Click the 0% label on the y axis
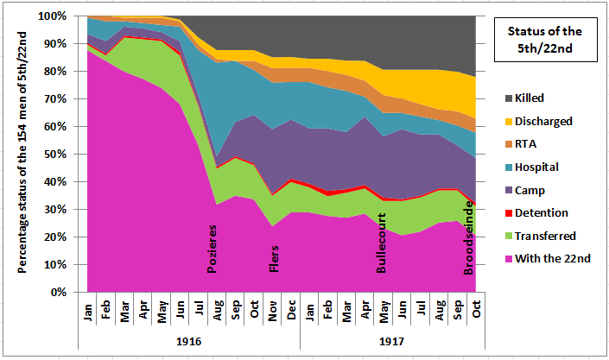click(x=73, y=292)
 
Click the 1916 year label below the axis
click(x=190, y=342)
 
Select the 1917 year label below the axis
click(x=392, y=342)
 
